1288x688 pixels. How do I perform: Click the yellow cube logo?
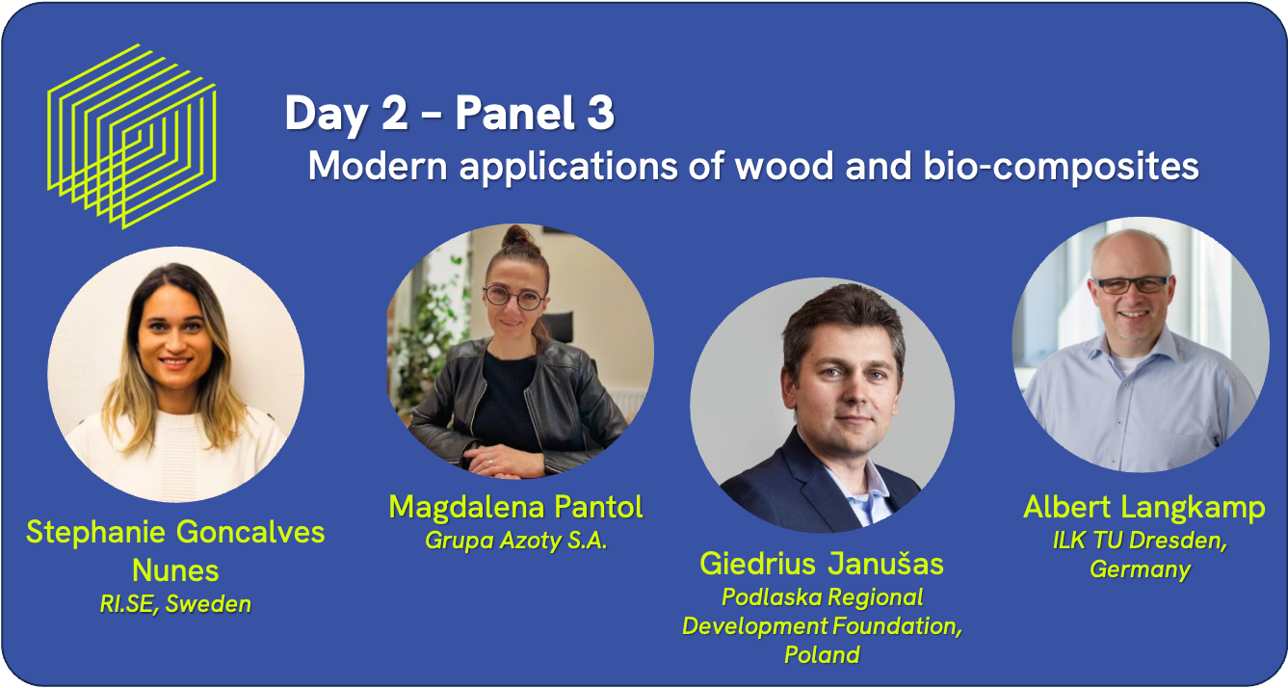tap(132, 136)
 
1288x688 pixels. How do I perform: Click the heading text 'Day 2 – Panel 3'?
tap(450, 114)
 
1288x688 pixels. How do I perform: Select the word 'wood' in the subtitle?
tap(784, 166)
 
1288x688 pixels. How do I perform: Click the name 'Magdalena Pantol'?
tap(515, 507)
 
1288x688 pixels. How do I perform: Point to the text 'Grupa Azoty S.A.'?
tap(515, 541)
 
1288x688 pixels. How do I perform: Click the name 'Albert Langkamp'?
tap(1144, 508)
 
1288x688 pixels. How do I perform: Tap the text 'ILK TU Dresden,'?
tap(1141, 541)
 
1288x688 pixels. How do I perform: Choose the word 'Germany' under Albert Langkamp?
tap(1141, 569)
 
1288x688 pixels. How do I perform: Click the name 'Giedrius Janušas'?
tap(822, 563)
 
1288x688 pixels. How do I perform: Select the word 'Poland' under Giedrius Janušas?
tap(822, 654)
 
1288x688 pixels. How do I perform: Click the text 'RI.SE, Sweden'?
tap(175, 604)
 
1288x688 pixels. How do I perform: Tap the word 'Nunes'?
tap(175, 570)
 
